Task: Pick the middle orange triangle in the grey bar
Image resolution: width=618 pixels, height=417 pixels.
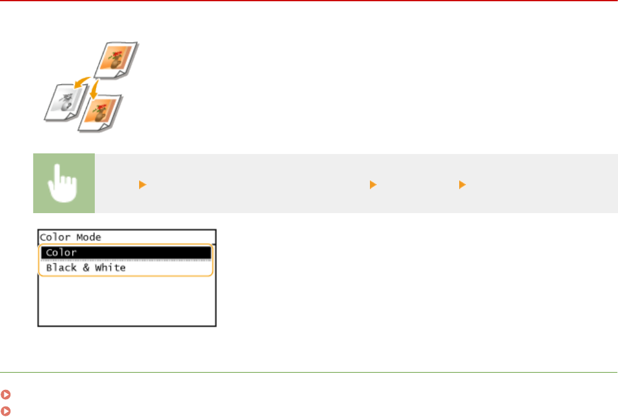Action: (x=372, y=184)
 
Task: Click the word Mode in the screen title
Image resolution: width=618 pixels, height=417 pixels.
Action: (x=89, y=237)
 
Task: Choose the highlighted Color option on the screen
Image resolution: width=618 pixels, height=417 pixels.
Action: (x=126, y=253)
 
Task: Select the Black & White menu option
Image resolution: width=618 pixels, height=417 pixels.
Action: (x=126, y=268)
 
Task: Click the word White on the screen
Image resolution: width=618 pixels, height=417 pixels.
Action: (x=110, y=268)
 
